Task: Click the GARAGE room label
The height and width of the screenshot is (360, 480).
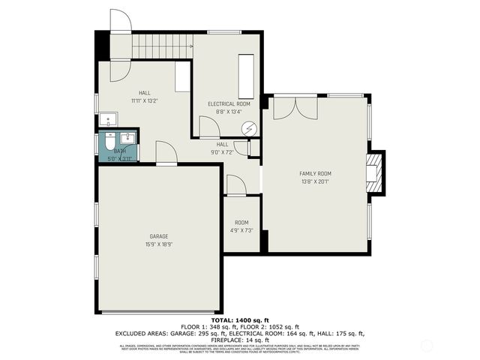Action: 157,236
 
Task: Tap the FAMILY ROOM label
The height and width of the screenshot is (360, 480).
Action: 315,173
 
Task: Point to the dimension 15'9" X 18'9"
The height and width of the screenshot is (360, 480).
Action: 157,244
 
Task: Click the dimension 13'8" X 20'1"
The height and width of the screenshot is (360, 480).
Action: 315,181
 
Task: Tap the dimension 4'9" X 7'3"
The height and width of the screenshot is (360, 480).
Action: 241,230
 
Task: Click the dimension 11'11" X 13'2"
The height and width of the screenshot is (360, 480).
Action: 144,100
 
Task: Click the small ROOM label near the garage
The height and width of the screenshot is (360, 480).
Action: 241,222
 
